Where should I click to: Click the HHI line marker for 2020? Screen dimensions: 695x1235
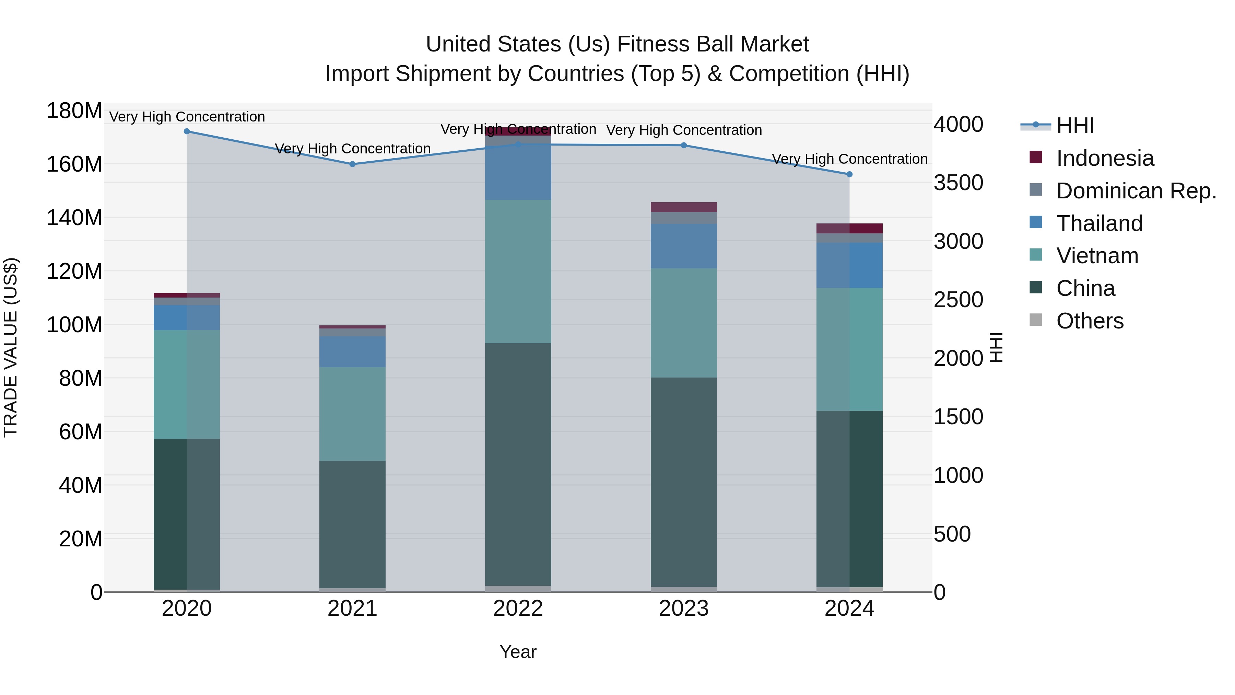pos(187,131)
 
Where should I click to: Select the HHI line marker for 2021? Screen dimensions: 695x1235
pos(352,164)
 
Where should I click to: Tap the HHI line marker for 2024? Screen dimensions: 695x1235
pos(849,174)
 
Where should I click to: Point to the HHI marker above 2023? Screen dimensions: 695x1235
pos(684,145)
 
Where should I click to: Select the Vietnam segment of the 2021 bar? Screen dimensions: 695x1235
pos(352,414)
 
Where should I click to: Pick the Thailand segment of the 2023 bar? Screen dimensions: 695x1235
pos(684,246)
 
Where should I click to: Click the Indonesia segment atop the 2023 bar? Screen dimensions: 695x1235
pos(684,207)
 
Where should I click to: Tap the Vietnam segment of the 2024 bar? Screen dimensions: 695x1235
pos(849,349)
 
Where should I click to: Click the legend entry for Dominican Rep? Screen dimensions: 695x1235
pos(1136,191)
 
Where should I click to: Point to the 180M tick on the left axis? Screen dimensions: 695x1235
pos(74,111)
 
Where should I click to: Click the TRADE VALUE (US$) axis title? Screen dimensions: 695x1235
pos(11,347)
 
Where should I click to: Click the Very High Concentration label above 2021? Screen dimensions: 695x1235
pos(352,149)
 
